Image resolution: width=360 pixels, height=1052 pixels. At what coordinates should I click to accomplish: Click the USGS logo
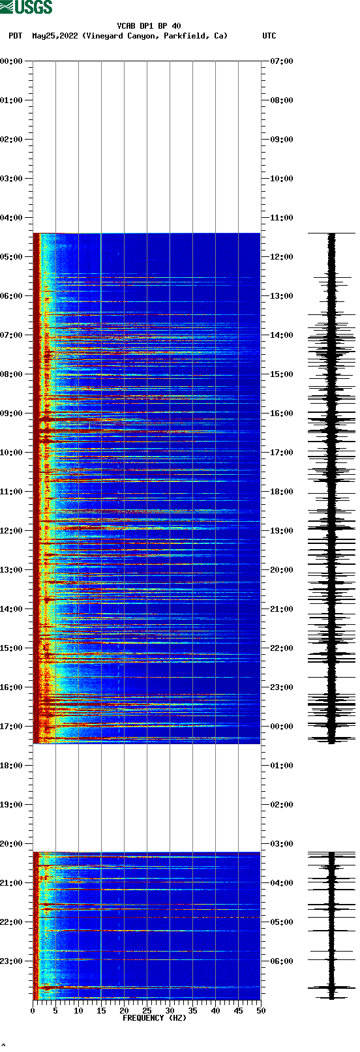click(26, 7)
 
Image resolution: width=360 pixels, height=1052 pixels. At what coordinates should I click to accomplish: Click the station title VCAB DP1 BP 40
click(149, 26)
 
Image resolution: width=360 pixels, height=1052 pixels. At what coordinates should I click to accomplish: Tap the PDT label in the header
click(16, 36)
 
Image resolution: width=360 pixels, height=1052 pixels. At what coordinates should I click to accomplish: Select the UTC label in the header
click(269, 36)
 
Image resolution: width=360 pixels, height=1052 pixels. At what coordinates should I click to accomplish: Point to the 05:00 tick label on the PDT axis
click(12, 257)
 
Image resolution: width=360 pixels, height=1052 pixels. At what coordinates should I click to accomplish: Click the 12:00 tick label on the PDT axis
click(12, 531)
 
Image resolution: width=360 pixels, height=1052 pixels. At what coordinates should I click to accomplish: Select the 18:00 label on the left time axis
click(12, 766)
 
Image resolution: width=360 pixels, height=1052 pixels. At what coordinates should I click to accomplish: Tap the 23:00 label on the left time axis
click(12, 961)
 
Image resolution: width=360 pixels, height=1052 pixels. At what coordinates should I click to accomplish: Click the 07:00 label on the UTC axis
click(281, 61)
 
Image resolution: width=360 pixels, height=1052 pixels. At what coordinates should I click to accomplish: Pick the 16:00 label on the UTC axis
click(281, 413)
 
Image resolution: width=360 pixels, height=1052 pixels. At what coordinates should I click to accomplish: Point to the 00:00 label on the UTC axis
click(281, 727)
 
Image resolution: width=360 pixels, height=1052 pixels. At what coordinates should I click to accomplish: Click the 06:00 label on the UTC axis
click(281, 961)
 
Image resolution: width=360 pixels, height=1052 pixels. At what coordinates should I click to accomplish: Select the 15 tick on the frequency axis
click(101, 1011)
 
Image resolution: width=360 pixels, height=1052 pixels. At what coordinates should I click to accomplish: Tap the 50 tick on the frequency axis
click(261, 1011)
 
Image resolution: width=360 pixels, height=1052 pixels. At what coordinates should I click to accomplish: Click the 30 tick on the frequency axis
click(170, 1011)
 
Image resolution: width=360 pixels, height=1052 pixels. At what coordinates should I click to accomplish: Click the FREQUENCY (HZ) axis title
click(154, 1018)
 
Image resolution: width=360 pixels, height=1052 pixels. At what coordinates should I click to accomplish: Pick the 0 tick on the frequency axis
click(33, 1011)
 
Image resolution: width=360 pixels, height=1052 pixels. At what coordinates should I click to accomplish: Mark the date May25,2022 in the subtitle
click(55, 36)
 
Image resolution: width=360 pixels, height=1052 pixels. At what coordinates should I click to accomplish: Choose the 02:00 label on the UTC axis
click(281, 805)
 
